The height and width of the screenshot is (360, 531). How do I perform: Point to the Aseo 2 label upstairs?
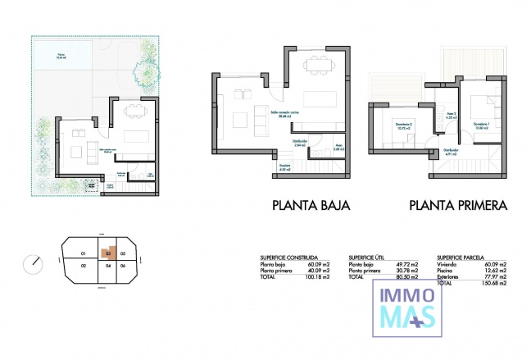[450, 116]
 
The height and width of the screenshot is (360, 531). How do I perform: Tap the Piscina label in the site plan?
[61, 56]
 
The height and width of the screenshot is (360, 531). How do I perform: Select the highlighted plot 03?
[107, 253]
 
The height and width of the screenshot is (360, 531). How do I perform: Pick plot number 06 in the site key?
[123, 267]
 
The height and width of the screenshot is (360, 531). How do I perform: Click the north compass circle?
[34, 263]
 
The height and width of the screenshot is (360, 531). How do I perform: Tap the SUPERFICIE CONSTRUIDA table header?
[288, 257]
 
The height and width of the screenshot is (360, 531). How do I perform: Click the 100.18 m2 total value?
[318, 278]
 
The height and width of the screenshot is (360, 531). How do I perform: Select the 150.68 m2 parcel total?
[494, 284]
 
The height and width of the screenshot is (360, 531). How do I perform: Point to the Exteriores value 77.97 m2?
[495, 277]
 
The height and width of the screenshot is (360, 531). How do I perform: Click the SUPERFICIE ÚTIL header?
[370, 257]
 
